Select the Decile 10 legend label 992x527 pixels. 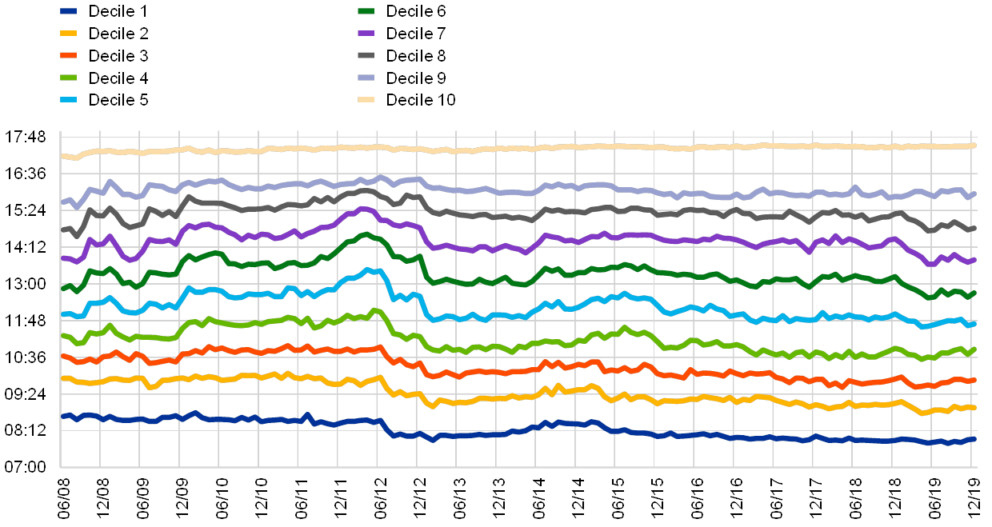pos(423,100)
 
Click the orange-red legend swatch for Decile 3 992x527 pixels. pos(69,56)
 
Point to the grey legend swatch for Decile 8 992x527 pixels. pos(366,56)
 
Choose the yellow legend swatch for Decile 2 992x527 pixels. pos(69,34)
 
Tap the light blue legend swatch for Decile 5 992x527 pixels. pos(69,100)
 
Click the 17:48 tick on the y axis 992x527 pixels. pos(25,137)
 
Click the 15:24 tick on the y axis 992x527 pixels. pos(25,210)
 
